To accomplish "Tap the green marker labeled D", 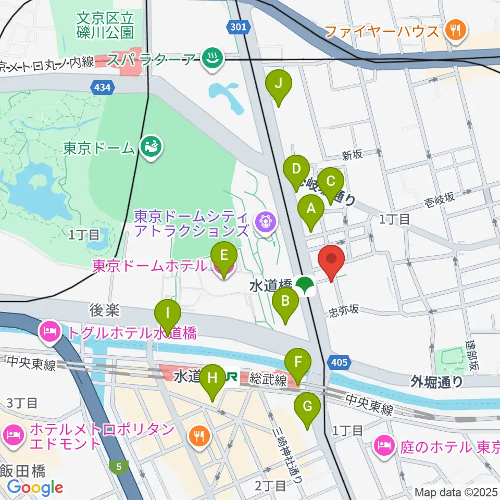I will tap(296, 169).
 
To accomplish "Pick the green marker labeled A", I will tap(311, 209).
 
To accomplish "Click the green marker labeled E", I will tap(224, 256).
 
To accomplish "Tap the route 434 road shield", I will tap(103, 88).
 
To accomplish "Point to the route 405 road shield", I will tap(339, 361).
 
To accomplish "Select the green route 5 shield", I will tap(119, 467).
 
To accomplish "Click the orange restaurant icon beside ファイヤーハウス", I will tap(456, 31).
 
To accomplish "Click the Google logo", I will tap(35, 487).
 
